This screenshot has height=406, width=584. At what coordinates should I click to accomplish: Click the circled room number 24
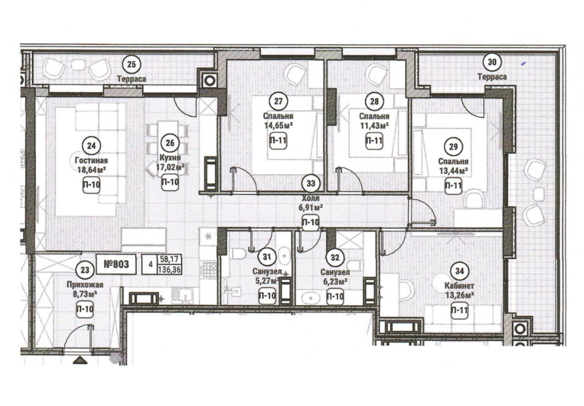coord(91,146)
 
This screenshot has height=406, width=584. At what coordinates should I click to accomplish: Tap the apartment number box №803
coord(116,264)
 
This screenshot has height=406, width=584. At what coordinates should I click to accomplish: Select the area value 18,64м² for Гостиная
coord(91,170)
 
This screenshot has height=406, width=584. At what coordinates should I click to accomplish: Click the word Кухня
coord(170,158)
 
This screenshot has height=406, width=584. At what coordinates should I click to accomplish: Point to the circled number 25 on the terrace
coord(131,64)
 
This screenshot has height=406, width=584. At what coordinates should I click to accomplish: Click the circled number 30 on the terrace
coord(492,62)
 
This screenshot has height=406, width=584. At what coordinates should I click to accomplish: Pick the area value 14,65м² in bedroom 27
coord(278,126)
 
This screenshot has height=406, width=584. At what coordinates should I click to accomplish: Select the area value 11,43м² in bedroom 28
coord(374,126)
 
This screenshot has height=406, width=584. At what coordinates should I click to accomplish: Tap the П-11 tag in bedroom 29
coord(454,185)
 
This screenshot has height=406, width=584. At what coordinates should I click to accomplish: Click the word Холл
coord(311,199)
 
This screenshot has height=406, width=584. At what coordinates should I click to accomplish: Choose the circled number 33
coord(311,184)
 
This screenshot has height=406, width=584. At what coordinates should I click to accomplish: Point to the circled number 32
coord(335,258)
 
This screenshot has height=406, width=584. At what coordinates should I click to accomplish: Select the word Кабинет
coord(459,286)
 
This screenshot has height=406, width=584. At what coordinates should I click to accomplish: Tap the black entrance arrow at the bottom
coord(80,361)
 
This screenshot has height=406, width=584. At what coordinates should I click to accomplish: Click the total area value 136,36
coord(169,270)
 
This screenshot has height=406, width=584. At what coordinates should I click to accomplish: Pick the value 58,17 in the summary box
coord(169,259)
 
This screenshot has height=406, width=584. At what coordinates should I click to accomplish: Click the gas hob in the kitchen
coord(210,269)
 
